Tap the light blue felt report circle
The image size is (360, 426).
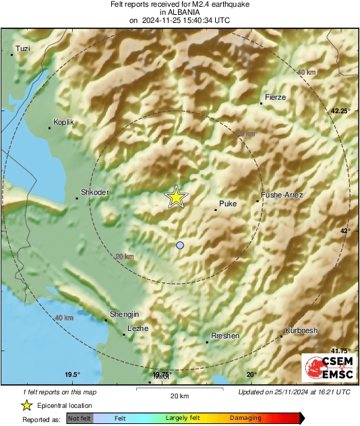coord(179,245)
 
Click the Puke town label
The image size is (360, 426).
coord(229,204)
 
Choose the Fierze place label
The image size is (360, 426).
coord(276,97)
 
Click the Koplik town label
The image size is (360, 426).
coord(63,122)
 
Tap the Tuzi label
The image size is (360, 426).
coord(24,49)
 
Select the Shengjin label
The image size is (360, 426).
coord(124,315)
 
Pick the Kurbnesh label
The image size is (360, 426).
coord(301,330)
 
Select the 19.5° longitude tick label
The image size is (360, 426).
coord(73,375)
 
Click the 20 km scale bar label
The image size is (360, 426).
coord(179,395)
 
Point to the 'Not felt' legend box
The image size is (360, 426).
coord(80,418)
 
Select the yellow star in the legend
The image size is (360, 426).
coord(26,405)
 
